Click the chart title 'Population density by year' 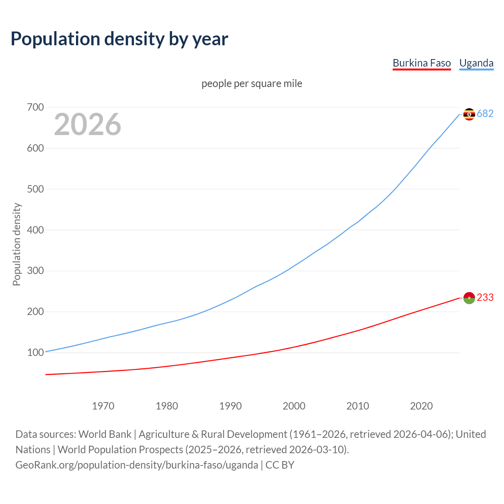(x=119, y=39)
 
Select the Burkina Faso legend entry (x=422, y=63)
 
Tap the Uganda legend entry (x=476, y=63)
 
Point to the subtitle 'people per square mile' (x=252, y=84)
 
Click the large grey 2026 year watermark (x=87, y=124)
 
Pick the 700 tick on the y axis (x=35, y=107)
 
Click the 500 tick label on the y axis (x=35, y=189)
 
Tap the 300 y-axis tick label (x=35, y=271)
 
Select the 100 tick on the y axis (x=35, y=352)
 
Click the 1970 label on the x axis (x=103, y=406)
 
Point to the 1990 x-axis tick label (x=230, y=406)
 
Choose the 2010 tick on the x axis (x=358, y=406)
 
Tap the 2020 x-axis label (x=421, y=406)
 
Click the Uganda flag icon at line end (x=469, y=114)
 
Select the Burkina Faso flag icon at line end (x=469, y=298)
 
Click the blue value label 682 (x=485, y=114)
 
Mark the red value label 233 (x=485, y=298)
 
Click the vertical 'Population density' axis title (x=17, y=244)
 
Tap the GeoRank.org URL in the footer (x=137, y=465)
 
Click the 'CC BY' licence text (x=280, y=465)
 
